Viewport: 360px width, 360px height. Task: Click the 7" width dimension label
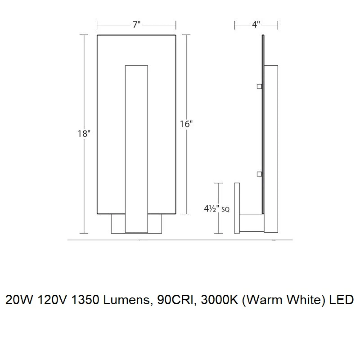[x=136, y=25]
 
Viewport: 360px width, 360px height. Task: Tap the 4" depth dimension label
[x=256, y=25]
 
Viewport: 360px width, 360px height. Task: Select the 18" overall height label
[x=84, y=133]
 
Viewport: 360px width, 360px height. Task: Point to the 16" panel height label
[x=186, y=124]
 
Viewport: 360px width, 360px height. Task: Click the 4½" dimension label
[x=212, y=209]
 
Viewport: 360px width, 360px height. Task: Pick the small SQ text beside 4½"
[x=225, y=210]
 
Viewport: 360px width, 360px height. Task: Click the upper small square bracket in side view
[x=260, y=86]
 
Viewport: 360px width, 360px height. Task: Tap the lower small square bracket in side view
[x=260, y=174]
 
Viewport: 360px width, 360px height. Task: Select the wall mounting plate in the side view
[x=237, y=208]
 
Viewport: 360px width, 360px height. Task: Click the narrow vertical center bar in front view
[x=136, y=149]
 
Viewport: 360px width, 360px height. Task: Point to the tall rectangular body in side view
[x=271, y=149]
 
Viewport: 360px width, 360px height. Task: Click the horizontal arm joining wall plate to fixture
[x=252, y=223]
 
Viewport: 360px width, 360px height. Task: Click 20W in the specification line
[x=19, y=300]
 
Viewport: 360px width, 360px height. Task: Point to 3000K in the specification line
[x=220, y=300]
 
